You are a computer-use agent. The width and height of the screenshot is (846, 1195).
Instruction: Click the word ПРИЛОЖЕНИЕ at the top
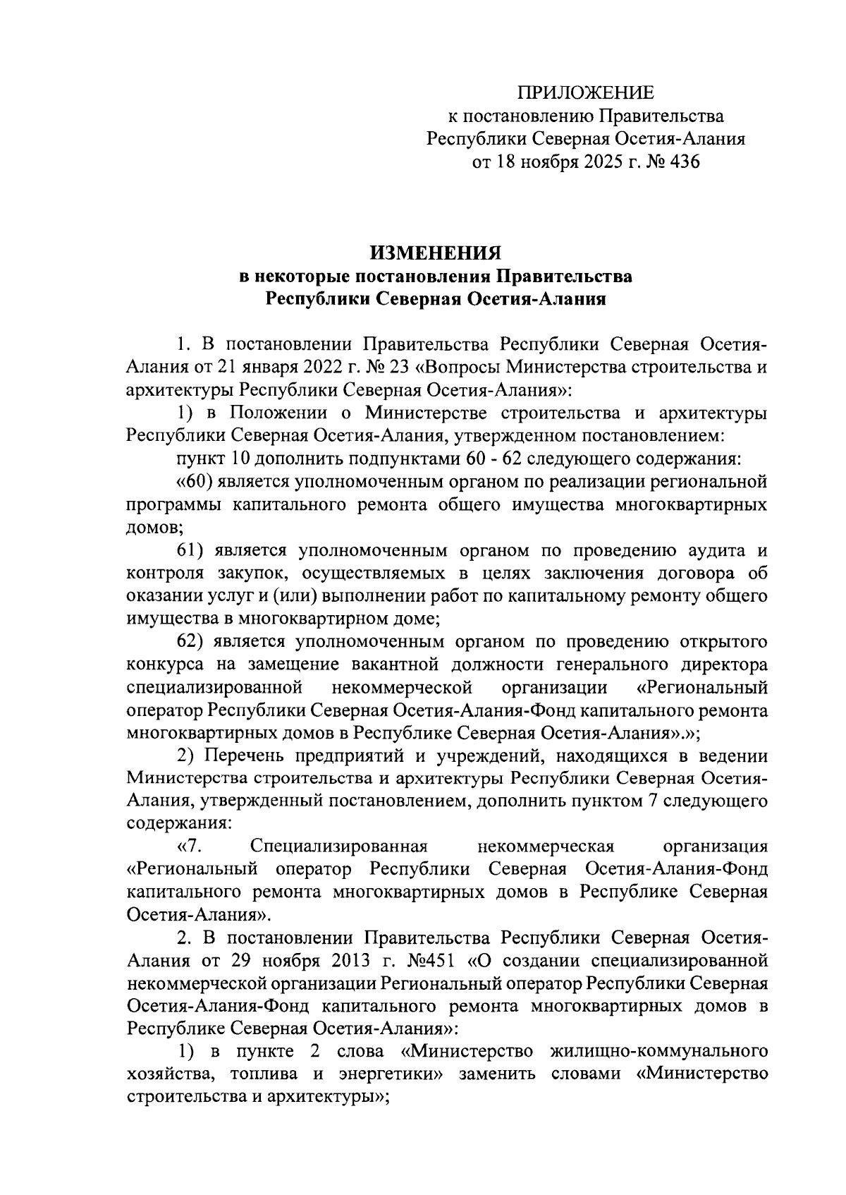[586, 93]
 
